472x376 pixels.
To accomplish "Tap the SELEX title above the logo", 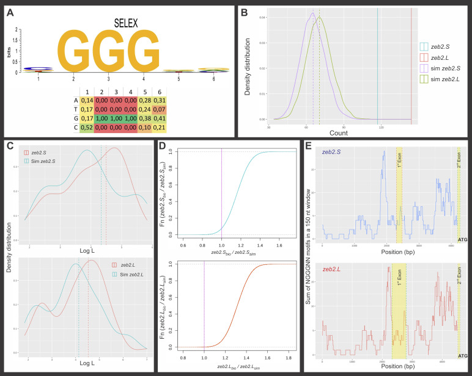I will tap(126, 23).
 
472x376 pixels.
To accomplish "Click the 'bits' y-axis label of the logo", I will tap(9, 54).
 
